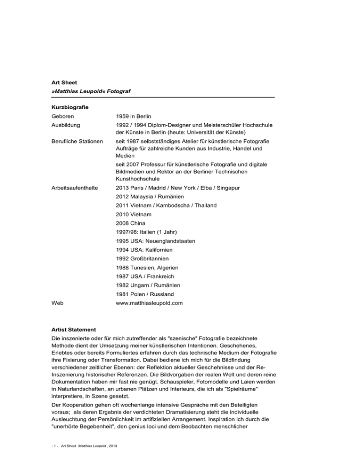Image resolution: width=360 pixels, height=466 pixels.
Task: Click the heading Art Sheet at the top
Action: click(64, 82)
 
